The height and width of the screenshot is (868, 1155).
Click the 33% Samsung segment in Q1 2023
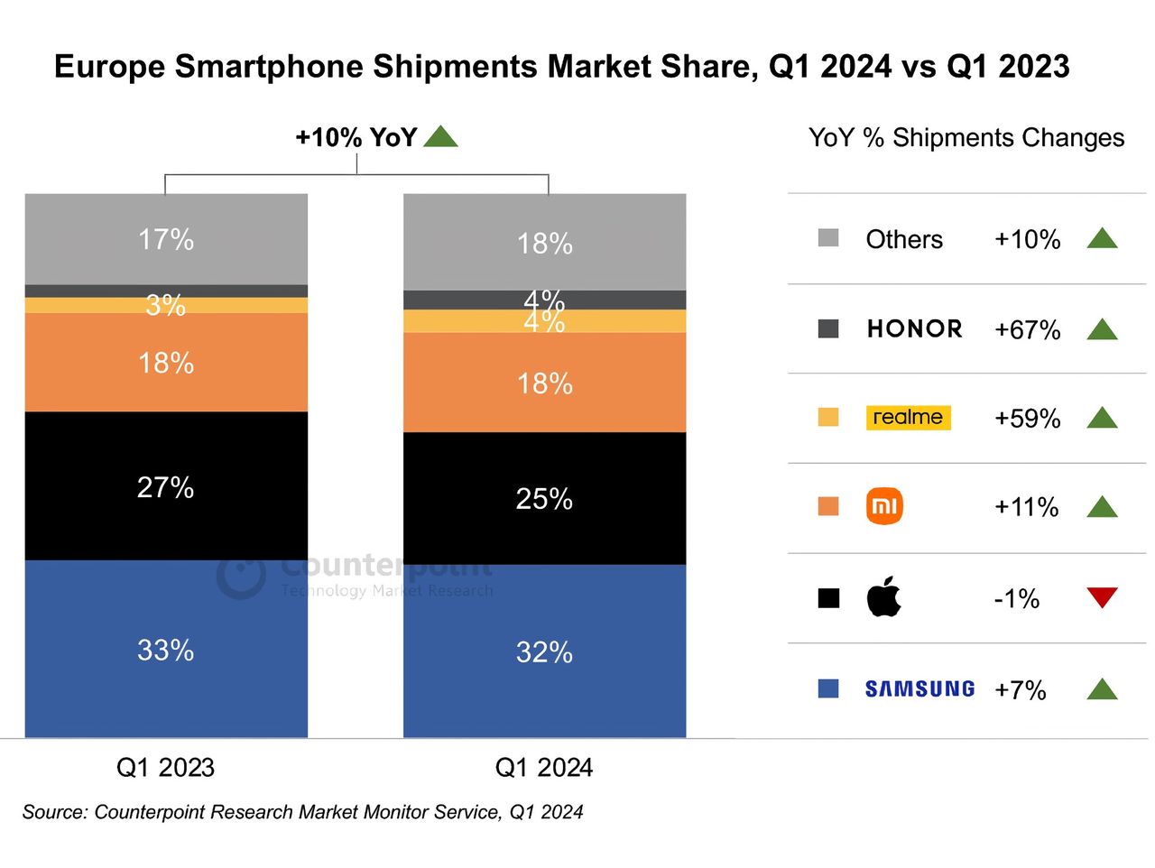tap(166, 649)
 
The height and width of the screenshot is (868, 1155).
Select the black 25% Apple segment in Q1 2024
tap(544, 498)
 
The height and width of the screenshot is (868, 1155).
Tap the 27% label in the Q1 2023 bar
tap(166, 487)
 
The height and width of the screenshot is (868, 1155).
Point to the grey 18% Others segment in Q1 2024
tap(544, 242)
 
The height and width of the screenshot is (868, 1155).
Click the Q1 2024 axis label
tap(544, 768)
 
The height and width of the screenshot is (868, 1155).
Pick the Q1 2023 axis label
tap(166, 768)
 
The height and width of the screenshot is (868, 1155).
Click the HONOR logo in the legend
tap(914, 328)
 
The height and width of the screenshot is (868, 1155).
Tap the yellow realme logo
tap(908, 417)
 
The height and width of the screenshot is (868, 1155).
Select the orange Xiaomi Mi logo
tap(884, 506)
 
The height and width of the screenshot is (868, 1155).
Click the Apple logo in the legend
tap(883, 596)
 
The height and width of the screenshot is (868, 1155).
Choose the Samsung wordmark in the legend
tap(919, 689)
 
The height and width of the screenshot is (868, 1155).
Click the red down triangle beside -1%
tap(1102, 596)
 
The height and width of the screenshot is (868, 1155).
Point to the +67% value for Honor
tap(1027, 330)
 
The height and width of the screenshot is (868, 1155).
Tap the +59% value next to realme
tap(1027, 419)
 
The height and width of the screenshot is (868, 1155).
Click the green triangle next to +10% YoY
tap(440, 137)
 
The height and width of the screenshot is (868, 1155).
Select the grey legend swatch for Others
tap(828, 238)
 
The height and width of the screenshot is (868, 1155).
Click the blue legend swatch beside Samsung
tap(828, 688)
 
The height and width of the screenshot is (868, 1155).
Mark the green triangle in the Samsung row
tap(1102, 690)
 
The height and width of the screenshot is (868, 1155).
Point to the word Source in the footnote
tap(55, 812)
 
